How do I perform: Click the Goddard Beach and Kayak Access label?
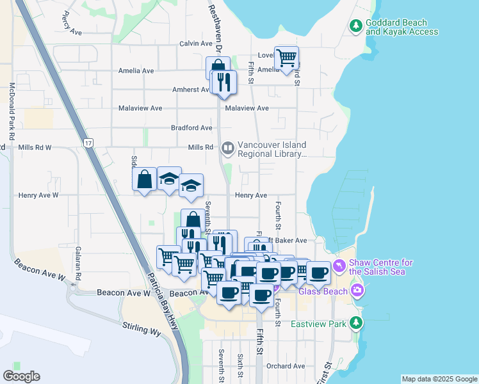click(x=402, y=27)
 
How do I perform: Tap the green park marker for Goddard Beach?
click(x=356, y=26)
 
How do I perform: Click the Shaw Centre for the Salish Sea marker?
click(x=339, y=265)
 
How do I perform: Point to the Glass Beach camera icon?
click(x=357, y=291)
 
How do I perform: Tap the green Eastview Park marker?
click(x=356, y=323)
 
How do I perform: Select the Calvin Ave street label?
click(x=195, y=44)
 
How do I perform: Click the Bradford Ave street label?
click(x=191, y=128)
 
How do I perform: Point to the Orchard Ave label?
click(x=286, y=366)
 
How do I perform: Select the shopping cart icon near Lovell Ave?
click(x=286, y=58)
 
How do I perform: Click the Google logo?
click(x=21, y=376)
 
